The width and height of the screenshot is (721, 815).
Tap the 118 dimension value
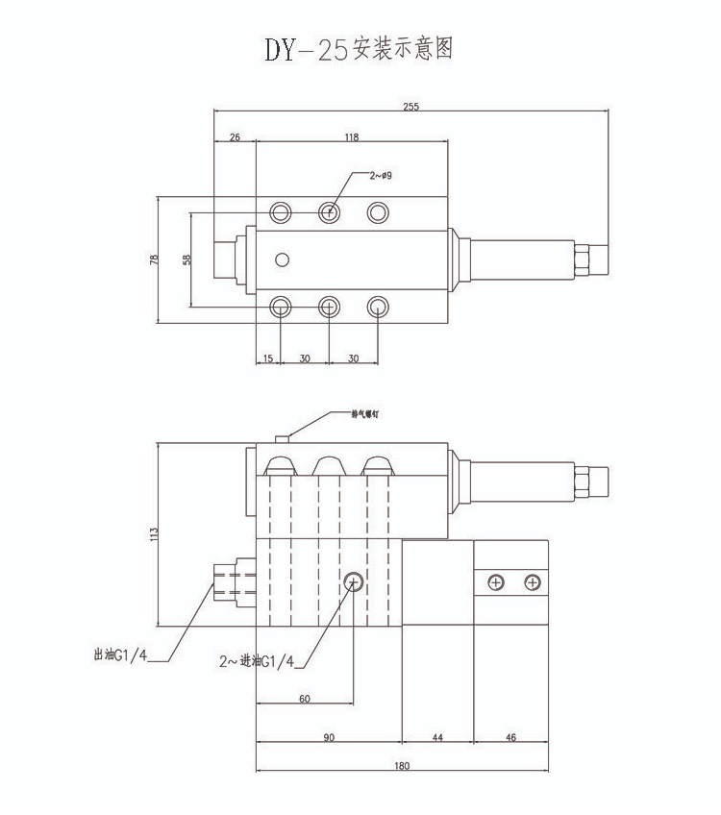click(351, 137)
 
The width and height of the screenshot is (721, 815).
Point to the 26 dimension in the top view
click(235, 137)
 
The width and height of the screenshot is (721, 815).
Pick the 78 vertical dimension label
click(153, 260)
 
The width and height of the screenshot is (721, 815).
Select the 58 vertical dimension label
click(186, 259)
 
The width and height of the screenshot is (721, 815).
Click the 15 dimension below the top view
click(267, 358)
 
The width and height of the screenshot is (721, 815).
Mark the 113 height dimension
click(153, 534)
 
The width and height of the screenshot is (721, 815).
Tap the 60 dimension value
click(304, 699)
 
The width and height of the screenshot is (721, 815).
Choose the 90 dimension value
click(328, 737)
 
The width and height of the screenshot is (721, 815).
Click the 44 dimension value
click(437, 737)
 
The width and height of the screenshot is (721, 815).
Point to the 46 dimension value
click(510, 737)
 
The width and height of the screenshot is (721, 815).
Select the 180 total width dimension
click(401, 766)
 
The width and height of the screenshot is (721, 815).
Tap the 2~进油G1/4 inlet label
click(256, 662)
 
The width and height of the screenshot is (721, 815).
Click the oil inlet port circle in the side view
click(353, 581)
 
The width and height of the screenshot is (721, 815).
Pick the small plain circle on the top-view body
click(281, 259)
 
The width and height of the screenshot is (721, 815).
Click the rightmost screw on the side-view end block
click(532, 582)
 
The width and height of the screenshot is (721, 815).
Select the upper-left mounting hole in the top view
click(281, 212)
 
